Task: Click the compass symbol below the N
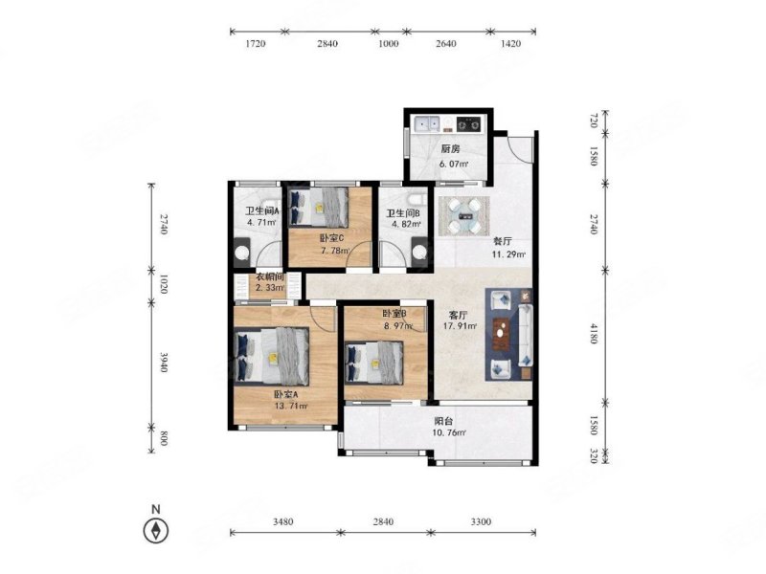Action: pyautogui.click(x=156, y=530)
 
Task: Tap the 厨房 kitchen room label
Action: pyautogui.click(x=450, y=149)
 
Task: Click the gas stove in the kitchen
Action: pyautogui.click(x=469, y=124)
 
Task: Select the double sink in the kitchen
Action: pyautogui.click(x=426, y=124)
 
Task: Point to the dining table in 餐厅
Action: pyautogui.click(x=463, y=215)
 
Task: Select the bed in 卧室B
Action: pyautogui.click(x=374, y=363)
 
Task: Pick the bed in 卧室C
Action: pyautogui.click(x=319, y=207)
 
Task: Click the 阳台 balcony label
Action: pyautogui.click(x=443, y=421)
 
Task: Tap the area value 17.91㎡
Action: pyautogui.click(x=460, y=326)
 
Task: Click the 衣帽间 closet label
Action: pyautogui.click(x=270, y=276)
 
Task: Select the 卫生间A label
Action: pyautogui.click(x=261, y=211)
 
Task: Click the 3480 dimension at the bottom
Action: pyautogui.click(x=282, y=521)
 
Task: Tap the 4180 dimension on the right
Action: pyautogui.click(x=593, y=333)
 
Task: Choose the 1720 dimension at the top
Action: pyautogui.click(x=255, y=43)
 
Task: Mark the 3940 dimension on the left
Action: pyautogui.click(x=163, y=362)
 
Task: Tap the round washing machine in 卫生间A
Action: pyautogui.click(x=243, y=253)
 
